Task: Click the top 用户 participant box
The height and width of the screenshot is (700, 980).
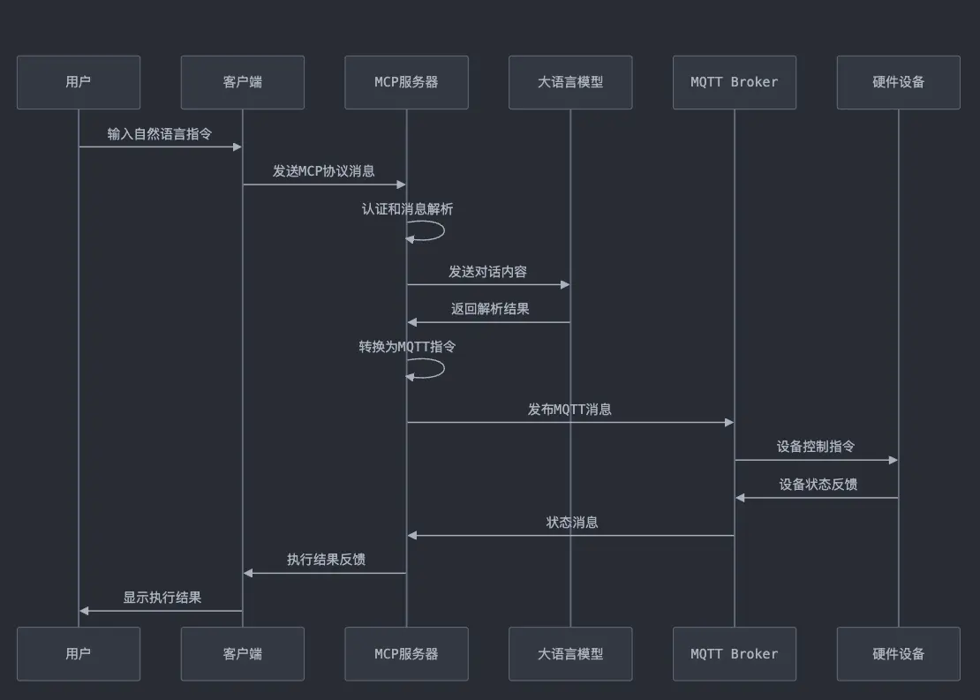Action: pos(79,82)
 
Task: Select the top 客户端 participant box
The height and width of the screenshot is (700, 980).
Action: pos(243,82)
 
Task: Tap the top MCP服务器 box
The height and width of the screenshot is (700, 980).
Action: pos(406,82)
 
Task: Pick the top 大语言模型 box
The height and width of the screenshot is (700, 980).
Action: pos(570,82)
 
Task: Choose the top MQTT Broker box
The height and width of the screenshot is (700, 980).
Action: pos(735,82)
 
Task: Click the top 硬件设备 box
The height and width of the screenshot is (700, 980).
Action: pos(898,82)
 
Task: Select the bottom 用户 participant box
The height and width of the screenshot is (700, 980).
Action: pos(79,654)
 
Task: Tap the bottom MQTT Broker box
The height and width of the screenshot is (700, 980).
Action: pos(735,654)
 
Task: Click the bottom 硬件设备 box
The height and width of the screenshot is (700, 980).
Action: pos(898,654)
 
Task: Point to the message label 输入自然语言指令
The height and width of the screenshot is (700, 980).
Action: pos(160,134)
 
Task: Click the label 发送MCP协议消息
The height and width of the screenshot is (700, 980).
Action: pos(324,171)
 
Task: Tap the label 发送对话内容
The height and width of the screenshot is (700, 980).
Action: pos(488,272)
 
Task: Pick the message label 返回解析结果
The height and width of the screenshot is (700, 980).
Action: pos(490,309)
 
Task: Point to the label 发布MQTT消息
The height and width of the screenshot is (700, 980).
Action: pos(569,410)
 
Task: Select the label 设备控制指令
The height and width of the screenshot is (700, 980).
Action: pos(816,447)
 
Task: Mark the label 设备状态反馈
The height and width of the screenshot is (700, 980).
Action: pos(818,485)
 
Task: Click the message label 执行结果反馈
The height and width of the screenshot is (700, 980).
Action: pos(326,560)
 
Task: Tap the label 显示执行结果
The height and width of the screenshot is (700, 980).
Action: pos(162,598)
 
